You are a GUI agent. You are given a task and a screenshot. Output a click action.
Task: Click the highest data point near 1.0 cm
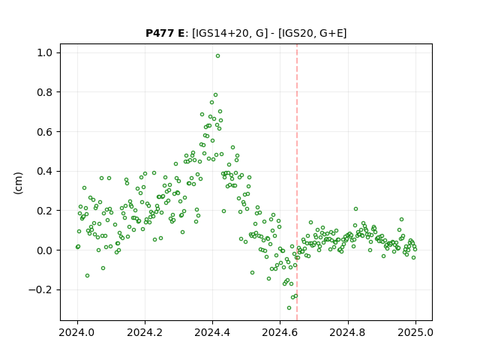[x=217, y=56]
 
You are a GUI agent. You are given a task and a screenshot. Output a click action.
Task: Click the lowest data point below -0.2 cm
[x=289, y=307]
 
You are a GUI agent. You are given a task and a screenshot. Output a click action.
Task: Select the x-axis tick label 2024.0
[x=77, y=332]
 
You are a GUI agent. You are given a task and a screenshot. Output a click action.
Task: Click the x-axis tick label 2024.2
[x=145, y=332]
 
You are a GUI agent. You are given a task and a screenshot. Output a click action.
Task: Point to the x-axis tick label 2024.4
[x=212, y=332]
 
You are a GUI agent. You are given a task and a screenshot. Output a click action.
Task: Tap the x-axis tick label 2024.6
[x=280, y=332]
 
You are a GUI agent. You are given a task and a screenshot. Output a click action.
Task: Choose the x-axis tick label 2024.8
[x=347, y=332]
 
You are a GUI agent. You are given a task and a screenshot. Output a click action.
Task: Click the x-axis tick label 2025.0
[x=415, y=332]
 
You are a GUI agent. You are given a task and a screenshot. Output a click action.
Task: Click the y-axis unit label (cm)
[x=18, y=183]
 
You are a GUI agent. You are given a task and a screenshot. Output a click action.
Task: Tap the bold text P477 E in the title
[x=165, y=33]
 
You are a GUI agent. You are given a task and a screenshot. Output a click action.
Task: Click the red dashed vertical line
[x=297, y=182]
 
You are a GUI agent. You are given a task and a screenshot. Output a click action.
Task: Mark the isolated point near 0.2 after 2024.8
[x=355, y=209]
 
